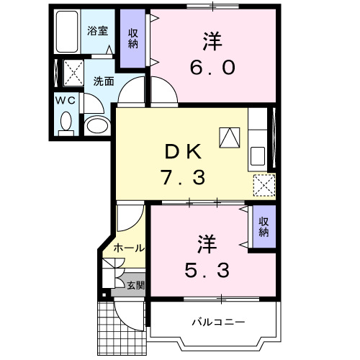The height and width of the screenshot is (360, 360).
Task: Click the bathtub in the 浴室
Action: pos(69,32)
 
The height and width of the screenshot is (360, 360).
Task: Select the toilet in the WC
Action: pos(66,122)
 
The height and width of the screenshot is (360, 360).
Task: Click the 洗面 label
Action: pos(103,81)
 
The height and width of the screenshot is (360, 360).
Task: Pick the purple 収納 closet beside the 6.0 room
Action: pos(132,37)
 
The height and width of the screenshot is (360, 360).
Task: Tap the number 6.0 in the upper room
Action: pos(214,67)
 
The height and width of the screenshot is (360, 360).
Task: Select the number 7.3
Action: pos(186,176)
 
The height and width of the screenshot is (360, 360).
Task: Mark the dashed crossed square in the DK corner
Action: pos(265,186)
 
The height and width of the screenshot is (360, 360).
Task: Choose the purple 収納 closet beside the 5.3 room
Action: pos(264,227)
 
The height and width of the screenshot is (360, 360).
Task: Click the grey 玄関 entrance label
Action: pos(134,285)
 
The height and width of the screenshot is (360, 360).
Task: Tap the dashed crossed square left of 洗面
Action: pos(73,72)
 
